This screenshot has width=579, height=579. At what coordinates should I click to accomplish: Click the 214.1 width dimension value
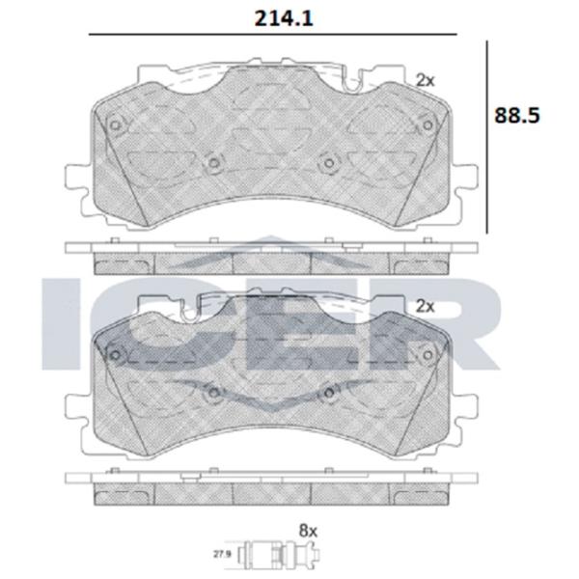[284, 18]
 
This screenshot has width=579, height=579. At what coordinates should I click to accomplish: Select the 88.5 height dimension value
[517, 115]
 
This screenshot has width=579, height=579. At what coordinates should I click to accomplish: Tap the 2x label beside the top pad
[426, 80]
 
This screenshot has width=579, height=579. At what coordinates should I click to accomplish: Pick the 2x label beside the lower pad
[426, 306]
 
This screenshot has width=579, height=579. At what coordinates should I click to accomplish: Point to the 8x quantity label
[308, 531]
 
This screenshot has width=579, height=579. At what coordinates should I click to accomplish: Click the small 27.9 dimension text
[222, 554]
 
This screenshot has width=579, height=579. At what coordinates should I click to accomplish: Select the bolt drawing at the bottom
[279, 554]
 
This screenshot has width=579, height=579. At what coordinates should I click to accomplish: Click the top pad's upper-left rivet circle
[115, 125]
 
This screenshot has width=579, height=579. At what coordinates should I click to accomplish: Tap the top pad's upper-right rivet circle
[427, 125]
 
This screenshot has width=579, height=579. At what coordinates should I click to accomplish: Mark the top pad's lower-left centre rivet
[213, 163]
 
